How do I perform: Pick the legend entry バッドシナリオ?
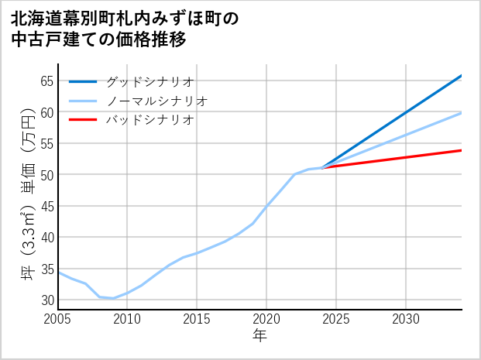[149, 120]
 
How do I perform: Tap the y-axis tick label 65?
[46, 81]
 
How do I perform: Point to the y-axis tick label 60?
[46, 112]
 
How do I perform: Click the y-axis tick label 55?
[46, 143]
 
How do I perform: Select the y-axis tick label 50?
[46, 175]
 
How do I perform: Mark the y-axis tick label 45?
[46, 206]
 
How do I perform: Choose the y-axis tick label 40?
[46, 238]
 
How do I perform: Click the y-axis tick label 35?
[46, 269]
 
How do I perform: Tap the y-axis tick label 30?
[46, 300]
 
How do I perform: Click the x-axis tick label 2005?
[58, 319]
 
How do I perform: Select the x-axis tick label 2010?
[127, 319]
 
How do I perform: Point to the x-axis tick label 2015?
[197, 319]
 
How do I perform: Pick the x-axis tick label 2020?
[266, 319]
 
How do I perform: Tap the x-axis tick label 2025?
[336, 319]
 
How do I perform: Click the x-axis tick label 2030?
[406, 319]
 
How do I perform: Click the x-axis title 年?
[259, 336]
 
